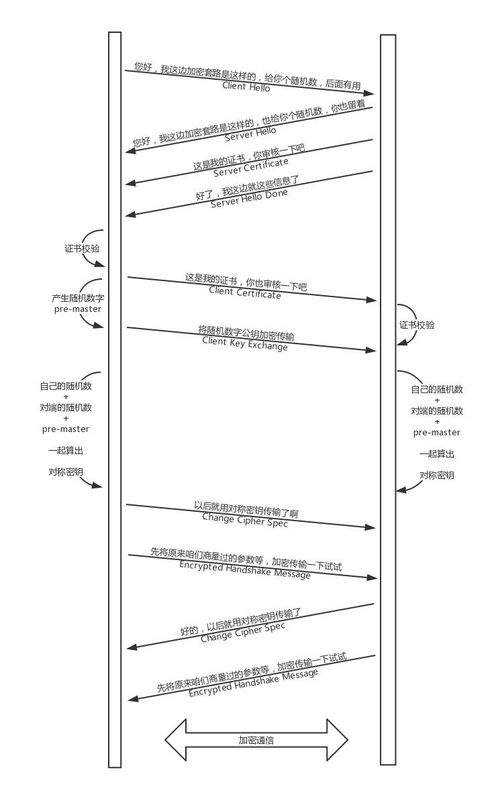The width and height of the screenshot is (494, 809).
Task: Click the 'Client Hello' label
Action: tap(246, 87)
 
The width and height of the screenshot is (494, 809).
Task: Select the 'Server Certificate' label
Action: tap(251, 167)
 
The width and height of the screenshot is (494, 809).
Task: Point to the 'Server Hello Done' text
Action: tap(249, 198)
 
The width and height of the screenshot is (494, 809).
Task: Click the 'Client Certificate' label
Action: tap(245, 292)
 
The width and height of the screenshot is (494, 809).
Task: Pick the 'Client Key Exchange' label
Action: tap(245, 343)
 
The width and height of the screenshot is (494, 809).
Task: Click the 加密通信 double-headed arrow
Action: tap(256, 741)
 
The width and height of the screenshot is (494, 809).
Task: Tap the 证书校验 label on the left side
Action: tap(82, 248)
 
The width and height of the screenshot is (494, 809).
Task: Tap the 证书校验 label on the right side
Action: tap(417, 325)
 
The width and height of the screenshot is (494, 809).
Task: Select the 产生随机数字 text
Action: tap(78, 298)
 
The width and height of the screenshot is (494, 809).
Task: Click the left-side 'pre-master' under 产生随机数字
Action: tap(78, 309)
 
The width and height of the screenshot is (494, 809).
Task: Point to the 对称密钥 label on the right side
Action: tap(437, 475)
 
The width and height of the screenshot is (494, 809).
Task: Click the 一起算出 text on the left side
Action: tap(66, 450)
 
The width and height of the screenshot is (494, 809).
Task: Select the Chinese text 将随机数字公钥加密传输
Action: tap(246, 332)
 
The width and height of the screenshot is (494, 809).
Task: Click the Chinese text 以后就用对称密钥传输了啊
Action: tap(246, 509)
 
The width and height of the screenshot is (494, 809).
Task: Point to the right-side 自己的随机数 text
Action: tap(437, 389)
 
